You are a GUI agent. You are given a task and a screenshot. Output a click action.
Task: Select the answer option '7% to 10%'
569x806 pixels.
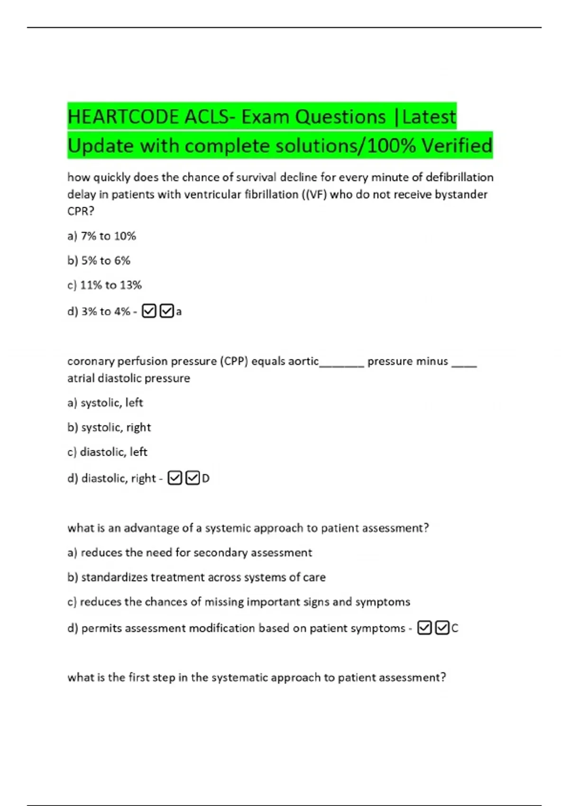click(108, 236)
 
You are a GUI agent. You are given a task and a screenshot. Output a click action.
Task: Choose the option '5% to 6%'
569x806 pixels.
click(105, 261)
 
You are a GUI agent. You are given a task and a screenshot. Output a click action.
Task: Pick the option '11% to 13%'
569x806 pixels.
click(110, 285)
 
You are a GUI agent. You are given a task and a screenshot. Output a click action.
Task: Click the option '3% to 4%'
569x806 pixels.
click(105, 311)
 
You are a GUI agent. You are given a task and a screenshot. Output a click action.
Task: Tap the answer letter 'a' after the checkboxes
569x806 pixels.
click(179, 312)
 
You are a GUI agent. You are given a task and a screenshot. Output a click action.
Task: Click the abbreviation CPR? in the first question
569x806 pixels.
click(81, 211)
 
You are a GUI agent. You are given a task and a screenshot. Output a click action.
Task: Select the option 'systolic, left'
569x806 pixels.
click(111, 403)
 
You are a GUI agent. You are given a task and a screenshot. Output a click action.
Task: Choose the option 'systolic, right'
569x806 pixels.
click(116, 428)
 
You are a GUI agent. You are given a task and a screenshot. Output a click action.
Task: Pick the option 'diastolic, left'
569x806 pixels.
click(113, 452)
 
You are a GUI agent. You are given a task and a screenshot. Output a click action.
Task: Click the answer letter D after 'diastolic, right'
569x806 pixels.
click(206, 479)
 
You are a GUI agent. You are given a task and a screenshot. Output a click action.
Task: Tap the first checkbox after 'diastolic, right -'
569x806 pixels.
click(175, 478)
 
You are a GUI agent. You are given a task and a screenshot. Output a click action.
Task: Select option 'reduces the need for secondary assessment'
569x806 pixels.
click(196, 553)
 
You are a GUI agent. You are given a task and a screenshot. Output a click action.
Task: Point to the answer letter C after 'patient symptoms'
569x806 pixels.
click(455, 629)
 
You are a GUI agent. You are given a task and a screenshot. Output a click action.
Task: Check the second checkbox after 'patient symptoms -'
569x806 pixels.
click(442, 628)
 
